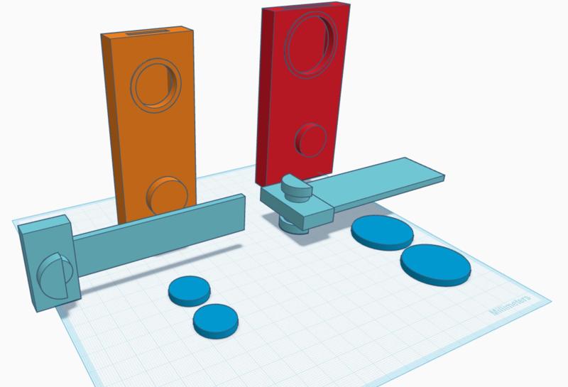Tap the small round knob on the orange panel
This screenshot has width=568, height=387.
[x=170, y=194]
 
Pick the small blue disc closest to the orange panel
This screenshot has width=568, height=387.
[x=189, y=289]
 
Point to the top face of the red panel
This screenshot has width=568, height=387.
[x=305, y=8]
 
